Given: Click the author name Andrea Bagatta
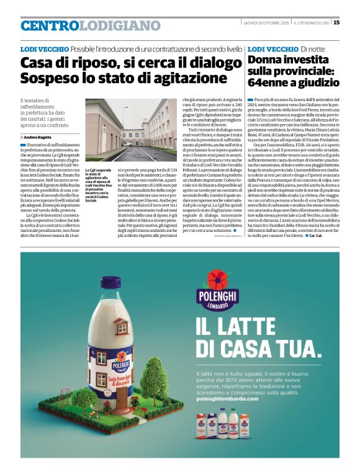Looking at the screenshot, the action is click(x=40, y=136).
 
